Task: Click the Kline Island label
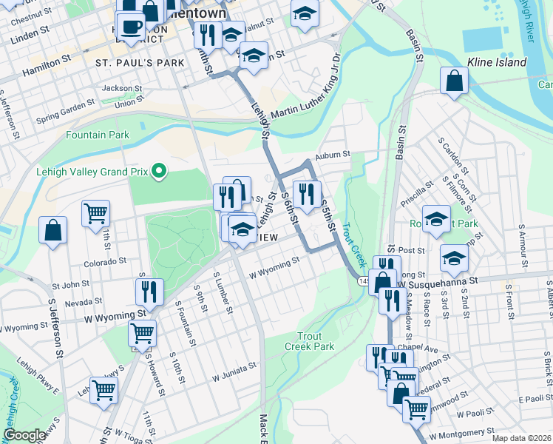(497, 63)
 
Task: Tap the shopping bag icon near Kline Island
(455, 82)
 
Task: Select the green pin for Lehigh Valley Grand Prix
(157, 172)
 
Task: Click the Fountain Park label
(98, 135)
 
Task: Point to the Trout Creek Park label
(310, 341)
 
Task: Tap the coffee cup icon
(131, 27)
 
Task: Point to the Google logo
(24, 435)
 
